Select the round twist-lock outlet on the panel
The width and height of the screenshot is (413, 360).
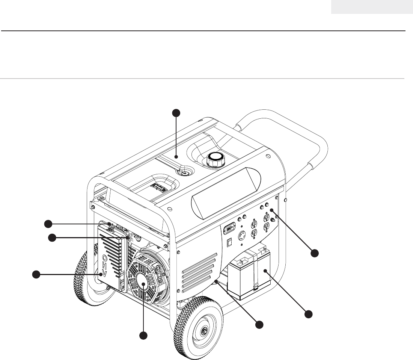[x=243, y=235]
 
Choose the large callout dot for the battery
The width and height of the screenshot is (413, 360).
[x=308, y=314]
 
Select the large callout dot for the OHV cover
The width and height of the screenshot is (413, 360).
[x=36, y=275]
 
